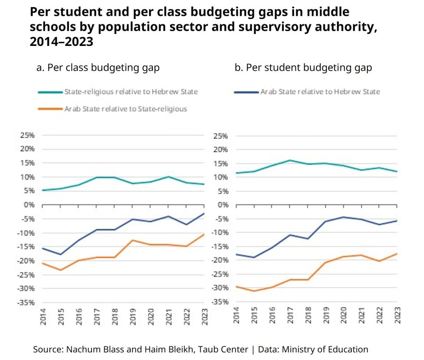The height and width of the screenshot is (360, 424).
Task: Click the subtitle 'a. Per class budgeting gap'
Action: point(98,68)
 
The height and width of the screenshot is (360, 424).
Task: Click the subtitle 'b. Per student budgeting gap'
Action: point(303,68)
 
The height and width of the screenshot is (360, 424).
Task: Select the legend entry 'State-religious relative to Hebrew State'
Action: point(131,91)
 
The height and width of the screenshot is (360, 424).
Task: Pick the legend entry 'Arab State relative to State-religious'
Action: point(126,109)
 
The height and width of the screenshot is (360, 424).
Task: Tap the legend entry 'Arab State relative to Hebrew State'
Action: point(320,91)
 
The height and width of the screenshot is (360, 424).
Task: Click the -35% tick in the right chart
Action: point(220,302)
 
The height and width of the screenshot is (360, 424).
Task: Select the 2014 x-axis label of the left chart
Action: point(43,316)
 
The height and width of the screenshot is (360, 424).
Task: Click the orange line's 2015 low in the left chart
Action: point(61,270)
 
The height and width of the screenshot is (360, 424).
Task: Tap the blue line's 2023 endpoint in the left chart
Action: point(204,213)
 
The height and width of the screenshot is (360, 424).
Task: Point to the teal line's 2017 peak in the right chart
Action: point(290,160)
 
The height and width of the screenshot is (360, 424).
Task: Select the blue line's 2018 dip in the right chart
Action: point(308,239)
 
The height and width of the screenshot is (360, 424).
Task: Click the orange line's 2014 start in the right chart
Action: point(236,286)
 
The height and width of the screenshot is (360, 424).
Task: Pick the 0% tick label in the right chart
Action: point(223,205)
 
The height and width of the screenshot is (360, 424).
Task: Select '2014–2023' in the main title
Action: point(61,42)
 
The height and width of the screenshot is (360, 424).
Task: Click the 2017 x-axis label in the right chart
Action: point(290,316)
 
